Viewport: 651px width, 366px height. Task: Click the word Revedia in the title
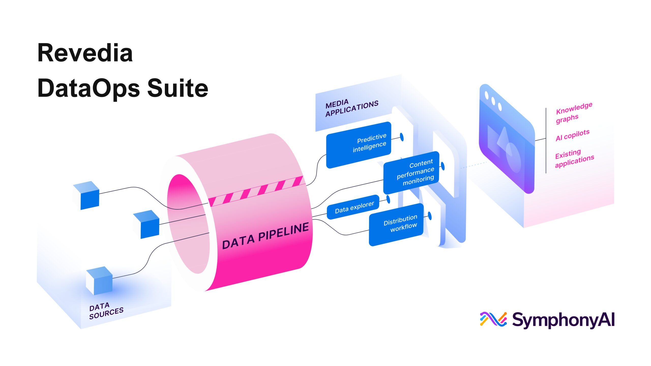(x=85, y=53)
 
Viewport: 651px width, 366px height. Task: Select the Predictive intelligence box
(x=359, y=145)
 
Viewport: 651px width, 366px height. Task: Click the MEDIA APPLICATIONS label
(x=352, y=108)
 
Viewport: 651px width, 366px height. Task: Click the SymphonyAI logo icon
(x=493, y=319)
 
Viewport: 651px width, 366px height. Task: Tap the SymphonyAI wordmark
(x=563, y=320)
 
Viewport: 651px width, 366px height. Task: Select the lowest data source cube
(x=99, y=281)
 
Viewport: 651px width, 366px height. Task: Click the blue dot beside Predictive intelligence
(x=402, y=137)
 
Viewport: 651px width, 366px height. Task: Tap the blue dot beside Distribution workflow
(x=430, y=216)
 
